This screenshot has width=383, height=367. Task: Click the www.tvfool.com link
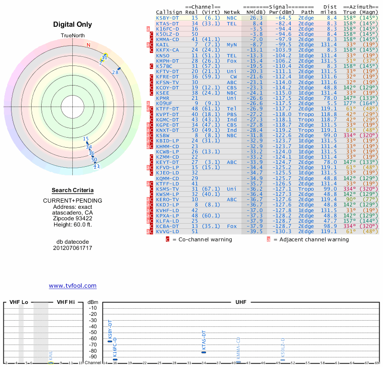coord(73,286)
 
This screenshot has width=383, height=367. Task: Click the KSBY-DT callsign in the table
coord(167,18)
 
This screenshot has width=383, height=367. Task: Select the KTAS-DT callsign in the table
coord(167,23)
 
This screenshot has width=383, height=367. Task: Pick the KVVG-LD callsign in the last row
coord(167,231)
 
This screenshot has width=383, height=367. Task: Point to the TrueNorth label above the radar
coord(72,36)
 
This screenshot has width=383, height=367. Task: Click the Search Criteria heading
coord(73,190)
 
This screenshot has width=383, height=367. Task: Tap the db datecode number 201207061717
coord(73,248)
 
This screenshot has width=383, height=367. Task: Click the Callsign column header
coord(169,12)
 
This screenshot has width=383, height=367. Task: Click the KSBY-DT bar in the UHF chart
coord(110,341)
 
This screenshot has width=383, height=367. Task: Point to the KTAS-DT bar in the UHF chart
coord(203,352)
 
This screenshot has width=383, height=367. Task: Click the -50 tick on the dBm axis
coord(92,332)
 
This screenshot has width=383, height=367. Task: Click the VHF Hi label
coord(65,302)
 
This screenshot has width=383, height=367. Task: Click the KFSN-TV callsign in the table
coord(167,82)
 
